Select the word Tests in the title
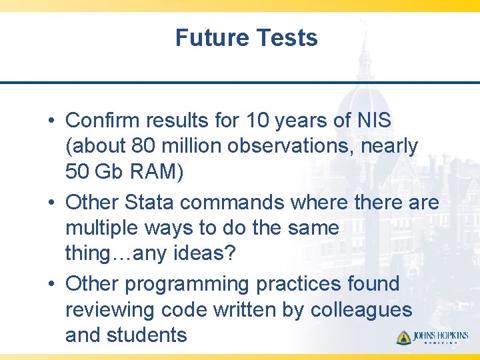pyautogui.click(x=286, y=38)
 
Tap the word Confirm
pyautogui.click(x=103, y=121)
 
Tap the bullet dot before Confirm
pyautogui.click(x=51, y=121)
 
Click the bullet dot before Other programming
pyautogui.click(x=51, y=285)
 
